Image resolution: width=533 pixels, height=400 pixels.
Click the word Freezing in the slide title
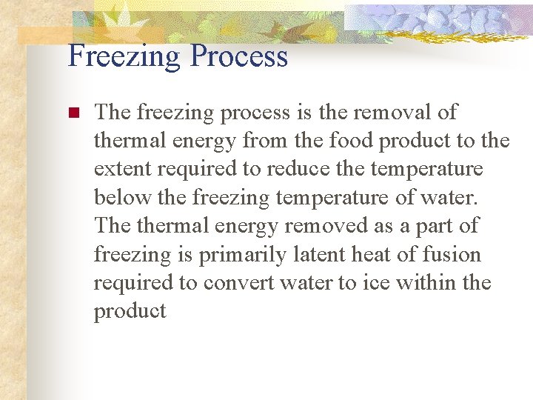pyautogui.click(x=123, y=57)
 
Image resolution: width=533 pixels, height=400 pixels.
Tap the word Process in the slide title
pyautogui.click(x=238, y=57)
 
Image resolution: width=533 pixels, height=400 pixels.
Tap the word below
pyautogui.click(x=118, y=198)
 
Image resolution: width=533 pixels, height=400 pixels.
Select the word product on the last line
pyautogui.click(x=130, y=312)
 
